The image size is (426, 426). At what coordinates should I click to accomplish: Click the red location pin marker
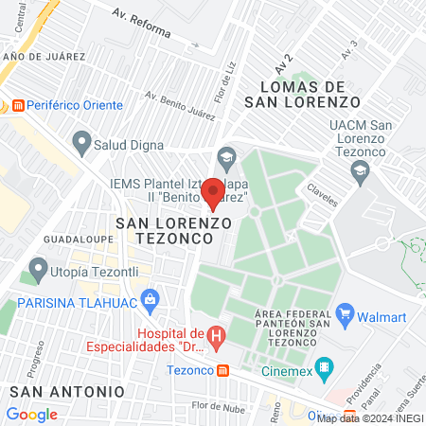(214, 193)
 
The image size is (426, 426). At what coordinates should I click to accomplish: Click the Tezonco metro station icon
(222, 371)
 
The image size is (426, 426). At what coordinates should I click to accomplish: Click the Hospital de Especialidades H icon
(217, 334)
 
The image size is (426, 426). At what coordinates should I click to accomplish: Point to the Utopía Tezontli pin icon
(38, 269)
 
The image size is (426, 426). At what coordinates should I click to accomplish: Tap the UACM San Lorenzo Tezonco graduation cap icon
(360, 170)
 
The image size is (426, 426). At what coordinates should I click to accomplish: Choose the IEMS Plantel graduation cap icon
(225, 156)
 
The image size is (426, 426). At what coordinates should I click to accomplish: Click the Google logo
(31, 414)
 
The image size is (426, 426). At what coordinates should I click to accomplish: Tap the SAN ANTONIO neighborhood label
(65, 390)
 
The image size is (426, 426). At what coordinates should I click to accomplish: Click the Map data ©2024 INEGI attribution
(370, 417)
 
